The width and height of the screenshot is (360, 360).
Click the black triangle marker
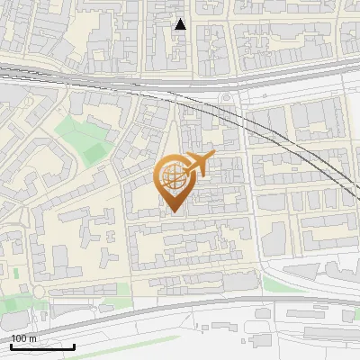pos(180,24)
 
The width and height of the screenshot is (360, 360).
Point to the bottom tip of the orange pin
pos(173,213)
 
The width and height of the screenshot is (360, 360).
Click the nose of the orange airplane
pos(214,157)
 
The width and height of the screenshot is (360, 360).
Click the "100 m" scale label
pos(24,338)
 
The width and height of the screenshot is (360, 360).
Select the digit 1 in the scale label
pos(13,338)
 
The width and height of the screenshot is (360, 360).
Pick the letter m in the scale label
pos(33,338)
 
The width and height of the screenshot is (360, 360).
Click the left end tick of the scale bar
pos(10,346)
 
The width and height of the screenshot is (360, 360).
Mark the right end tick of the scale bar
pos(74,346)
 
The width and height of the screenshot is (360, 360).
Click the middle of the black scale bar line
pos(41,347)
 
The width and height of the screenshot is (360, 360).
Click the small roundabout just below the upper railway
pos(225,100)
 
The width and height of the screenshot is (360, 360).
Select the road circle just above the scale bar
pos(39,292)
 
